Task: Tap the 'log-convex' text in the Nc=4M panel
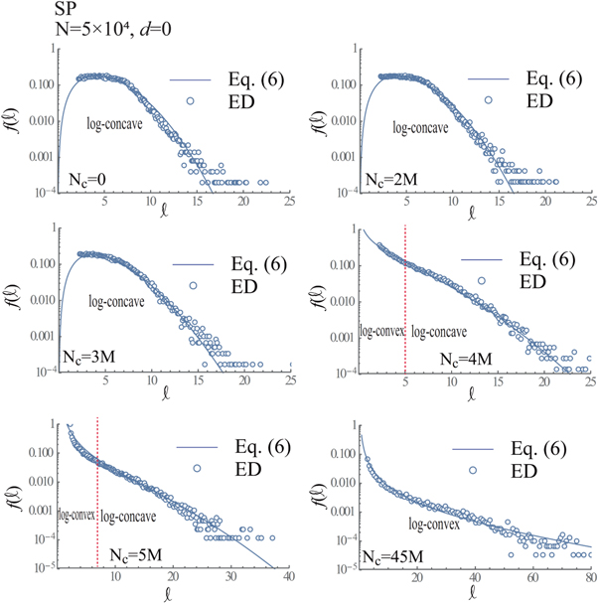(379, 331)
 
